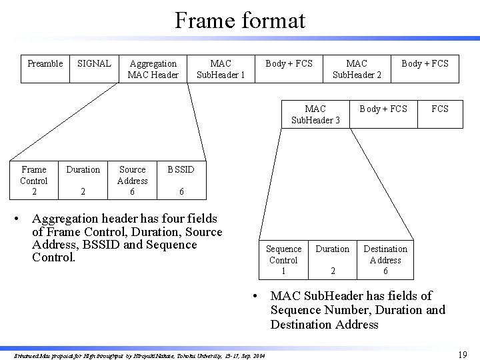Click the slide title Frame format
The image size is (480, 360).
[240, 20]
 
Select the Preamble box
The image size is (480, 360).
[45, 69]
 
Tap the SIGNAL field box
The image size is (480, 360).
[94, 69]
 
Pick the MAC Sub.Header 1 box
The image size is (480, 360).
[221, 69]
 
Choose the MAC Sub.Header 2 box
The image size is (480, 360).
[357, 69]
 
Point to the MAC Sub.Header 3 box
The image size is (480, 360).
[315, 114]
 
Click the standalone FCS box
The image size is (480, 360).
[440, 114]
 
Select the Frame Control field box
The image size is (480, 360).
[34, 180]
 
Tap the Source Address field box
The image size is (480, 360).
[132, 180]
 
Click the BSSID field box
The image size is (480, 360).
[181, 180]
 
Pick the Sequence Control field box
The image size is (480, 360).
[283, 259]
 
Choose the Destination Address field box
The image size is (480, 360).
[385, 259]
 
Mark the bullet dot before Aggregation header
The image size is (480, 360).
[23, 219]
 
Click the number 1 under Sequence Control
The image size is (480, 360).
[283, 271]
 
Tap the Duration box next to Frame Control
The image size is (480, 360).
[83, 180]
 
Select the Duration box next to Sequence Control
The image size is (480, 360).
[332, 259]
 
